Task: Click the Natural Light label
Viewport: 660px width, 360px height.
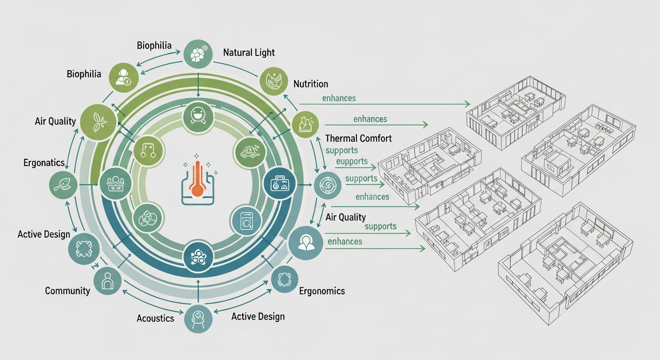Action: (x=249, y=52)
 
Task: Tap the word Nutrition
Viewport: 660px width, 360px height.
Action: (x=310, y=84)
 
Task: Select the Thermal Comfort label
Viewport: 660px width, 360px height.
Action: (x=358, y=138)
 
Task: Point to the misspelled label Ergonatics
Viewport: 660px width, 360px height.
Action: (x=44, y=163)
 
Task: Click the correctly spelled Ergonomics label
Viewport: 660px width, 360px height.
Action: (x=322, y=291)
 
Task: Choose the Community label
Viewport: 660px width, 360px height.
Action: (x=67, y=291)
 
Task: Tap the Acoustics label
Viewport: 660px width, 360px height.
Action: (x=155, y=318)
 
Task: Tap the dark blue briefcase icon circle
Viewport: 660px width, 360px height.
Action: (x=278, y=184)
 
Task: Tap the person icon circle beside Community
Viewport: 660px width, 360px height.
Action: (x=107, y=281)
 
